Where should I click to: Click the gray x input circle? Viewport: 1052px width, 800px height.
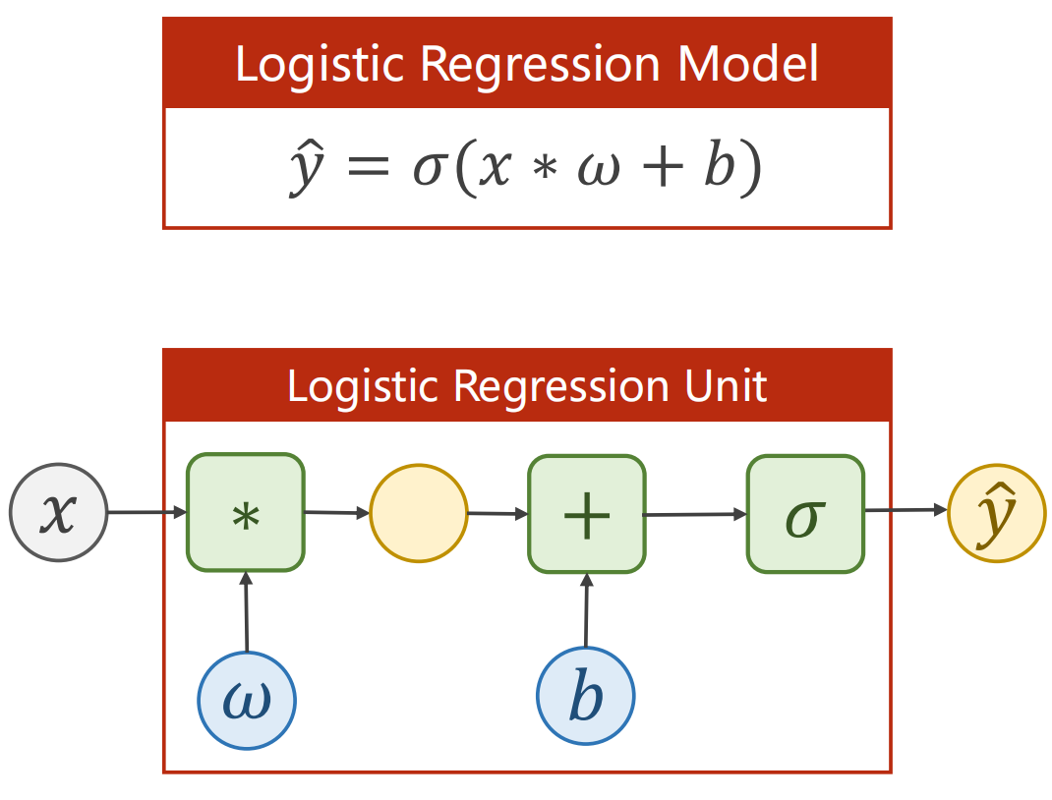coord(58,512)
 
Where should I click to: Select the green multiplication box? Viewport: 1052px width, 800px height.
coord(246,512)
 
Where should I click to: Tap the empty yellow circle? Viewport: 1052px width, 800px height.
coord(418,513)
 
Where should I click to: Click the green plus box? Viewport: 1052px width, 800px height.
coord(587,513)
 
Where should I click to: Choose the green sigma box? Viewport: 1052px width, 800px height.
coord(805,513)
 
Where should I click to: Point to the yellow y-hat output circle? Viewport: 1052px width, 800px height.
coord(996,512)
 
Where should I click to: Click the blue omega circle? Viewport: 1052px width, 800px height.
coord(247,700)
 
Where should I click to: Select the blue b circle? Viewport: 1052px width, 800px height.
coord(586,697)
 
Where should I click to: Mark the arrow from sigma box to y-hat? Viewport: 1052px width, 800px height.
coord(906,511)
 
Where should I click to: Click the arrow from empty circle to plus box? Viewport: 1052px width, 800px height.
coord(497,513)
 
